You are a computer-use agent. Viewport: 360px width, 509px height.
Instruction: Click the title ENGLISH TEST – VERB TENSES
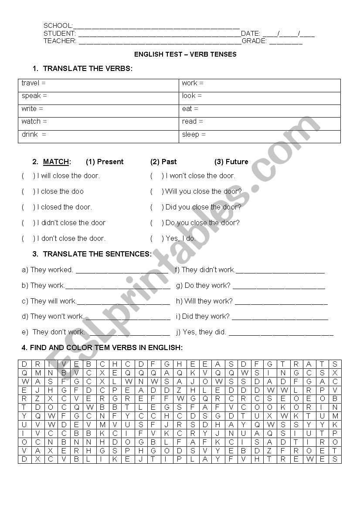pos(185,54)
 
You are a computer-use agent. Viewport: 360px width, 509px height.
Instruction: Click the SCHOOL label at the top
pos(58,26)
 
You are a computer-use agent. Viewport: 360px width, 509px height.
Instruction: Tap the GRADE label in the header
pos(254,41)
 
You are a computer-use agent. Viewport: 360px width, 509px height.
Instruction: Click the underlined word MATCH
pos(56,162)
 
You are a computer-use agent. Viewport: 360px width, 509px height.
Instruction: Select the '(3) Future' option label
pos(231,162)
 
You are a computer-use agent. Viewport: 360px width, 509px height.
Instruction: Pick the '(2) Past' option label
pos(163,162)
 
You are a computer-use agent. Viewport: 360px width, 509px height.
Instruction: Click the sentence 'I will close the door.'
pos(68,176)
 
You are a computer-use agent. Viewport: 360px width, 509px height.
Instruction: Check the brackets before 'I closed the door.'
pos(28,207)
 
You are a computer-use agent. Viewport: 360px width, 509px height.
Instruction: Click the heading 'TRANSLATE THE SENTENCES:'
pos(97,254)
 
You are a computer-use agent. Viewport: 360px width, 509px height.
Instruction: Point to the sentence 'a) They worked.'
pos(48,270)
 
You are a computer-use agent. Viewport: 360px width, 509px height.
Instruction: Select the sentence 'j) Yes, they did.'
pos(201,332)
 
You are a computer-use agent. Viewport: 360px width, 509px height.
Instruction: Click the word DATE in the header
pos(250,34)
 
